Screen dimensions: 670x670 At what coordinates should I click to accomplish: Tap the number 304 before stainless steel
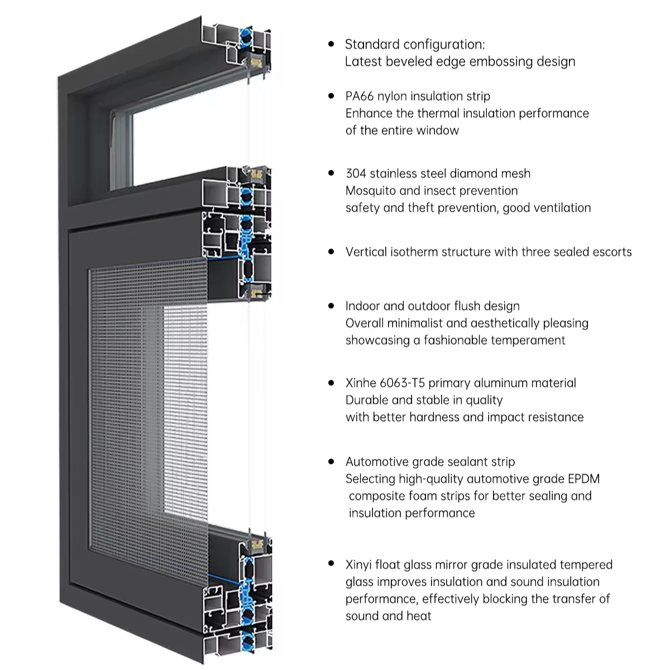(356, 174)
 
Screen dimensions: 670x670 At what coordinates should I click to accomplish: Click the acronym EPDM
(583, 479)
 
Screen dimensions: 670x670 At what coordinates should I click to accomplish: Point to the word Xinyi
(359, 565)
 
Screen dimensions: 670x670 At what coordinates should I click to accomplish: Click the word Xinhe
(360, 383)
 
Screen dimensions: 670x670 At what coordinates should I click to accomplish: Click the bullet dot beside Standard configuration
(332, 44)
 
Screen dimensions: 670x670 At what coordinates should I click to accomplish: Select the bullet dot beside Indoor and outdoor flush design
(332, 305)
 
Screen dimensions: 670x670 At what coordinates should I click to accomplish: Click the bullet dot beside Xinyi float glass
(332, 564)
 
